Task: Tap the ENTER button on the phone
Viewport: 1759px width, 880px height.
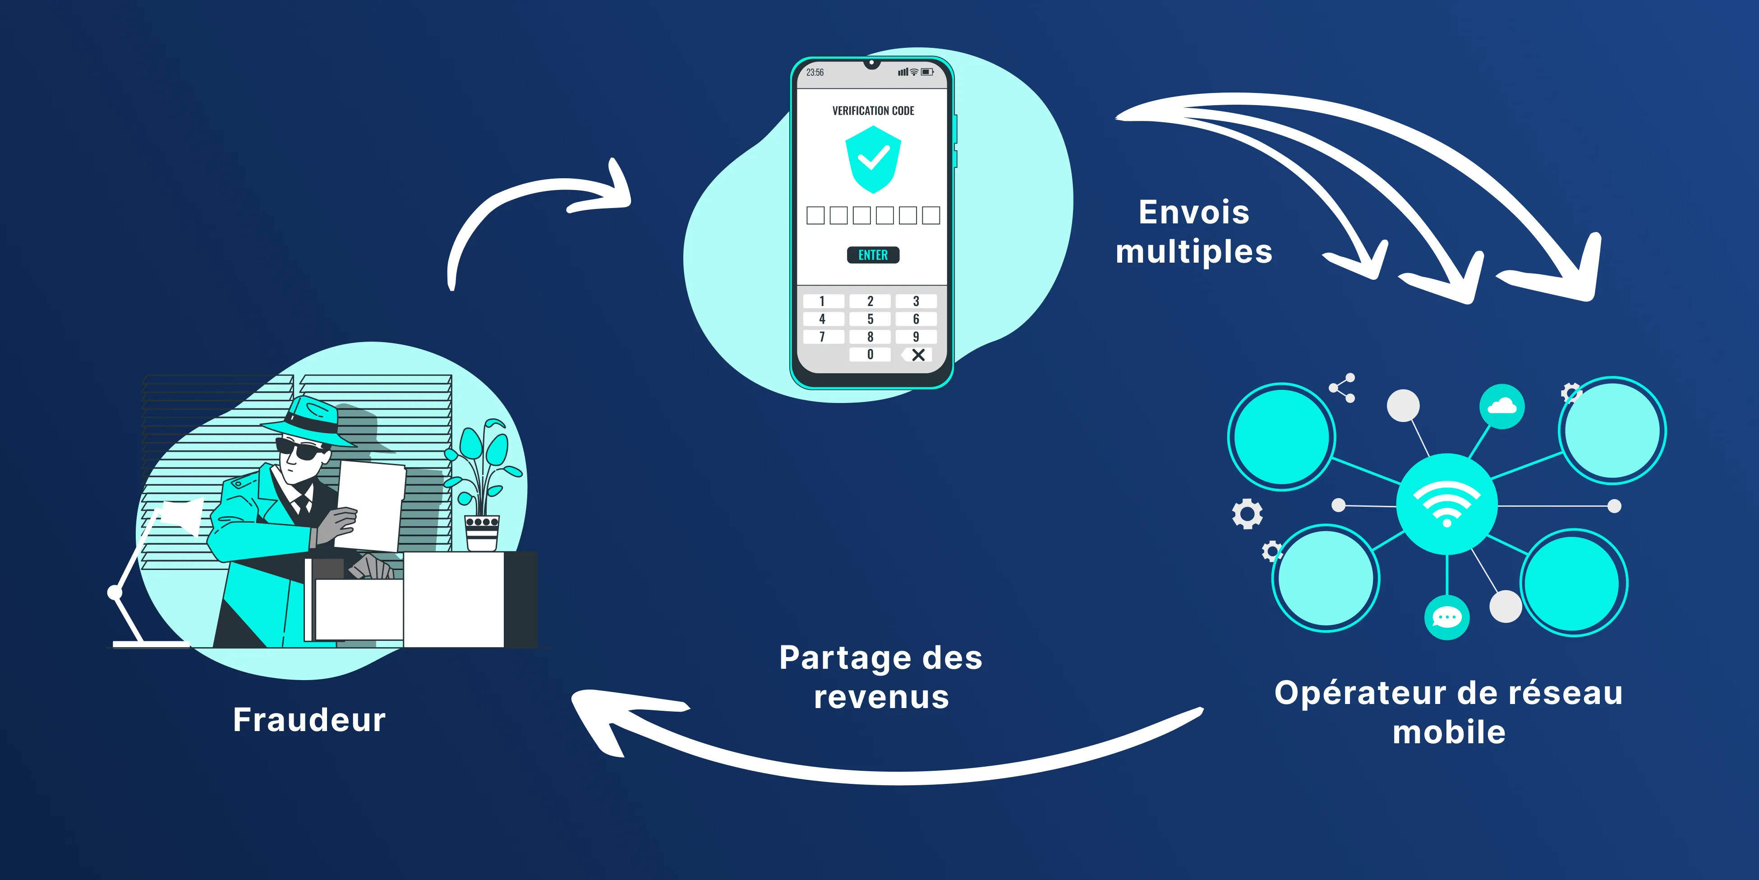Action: coord(873,255)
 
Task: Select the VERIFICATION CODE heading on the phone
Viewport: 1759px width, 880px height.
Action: coord(873,111)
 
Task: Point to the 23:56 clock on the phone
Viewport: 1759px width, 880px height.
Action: coord(815,72)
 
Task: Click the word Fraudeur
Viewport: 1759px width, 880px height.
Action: coord(309,720)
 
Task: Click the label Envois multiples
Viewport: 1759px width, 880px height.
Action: coord(1193,232)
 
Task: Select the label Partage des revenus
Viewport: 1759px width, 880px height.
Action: coord(881,677)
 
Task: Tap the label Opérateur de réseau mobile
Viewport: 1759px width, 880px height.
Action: coord(1448,712)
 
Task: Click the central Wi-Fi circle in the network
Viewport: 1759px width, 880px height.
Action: coord(1447,504)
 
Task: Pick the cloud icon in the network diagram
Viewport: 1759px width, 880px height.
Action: coord(1501,407)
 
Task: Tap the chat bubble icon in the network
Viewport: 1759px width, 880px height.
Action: coord(1446,618)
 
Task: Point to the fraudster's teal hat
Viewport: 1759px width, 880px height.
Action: coord(311,417)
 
